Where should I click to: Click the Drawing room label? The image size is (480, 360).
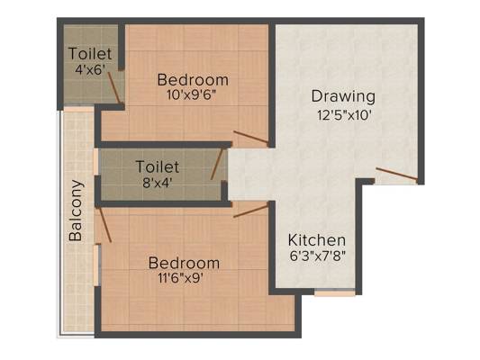[x=343, y=97]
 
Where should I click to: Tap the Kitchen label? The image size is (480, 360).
[x=317, y=240]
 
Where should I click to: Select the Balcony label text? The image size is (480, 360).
[x=76, y=211]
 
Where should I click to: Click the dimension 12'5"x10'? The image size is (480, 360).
[x=344, y=115]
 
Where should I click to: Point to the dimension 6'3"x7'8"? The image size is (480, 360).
[x=318, y=256]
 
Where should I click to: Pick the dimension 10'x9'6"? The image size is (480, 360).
[x=192, y=95]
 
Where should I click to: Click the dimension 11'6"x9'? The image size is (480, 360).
[x=181, y=278]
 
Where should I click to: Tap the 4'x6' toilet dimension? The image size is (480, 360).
[x=90, y=69]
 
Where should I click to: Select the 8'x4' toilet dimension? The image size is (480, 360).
[x=158, y=184]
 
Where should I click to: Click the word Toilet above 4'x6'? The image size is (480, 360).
[x=90, y=54]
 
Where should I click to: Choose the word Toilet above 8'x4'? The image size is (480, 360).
[x=158, y=167]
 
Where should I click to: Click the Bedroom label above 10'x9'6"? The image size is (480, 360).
[x=193, y=80]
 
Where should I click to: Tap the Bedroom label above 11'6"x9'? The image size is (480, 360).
[x=184, y=263]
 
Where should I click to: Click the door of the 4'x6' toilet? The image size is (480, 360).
[x=114, y=87]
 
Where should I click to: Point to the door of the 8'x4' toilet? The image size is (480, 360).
[x=217, y=164]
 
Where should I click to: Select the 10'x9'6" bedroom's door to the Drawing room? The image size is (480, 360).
[x=251, y=137]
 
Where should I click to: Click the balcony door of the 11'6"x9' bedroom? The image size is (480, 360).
[x=104, y=224]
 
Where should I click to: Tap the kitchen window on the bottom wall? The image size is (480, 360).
[x=335, y=292]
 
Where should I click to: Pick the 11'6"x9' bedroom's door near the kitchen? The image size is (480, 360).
[x=250, y=211]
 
